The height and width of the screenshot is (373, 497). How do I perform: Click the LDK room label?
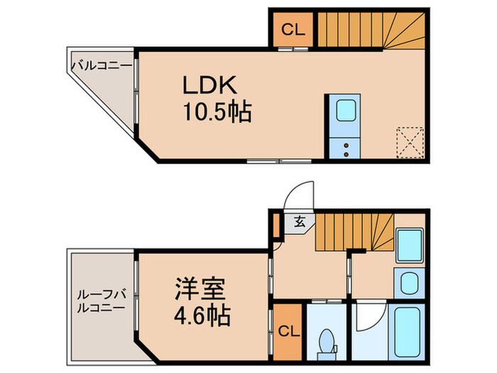pyautogui.click(x=209, y=86)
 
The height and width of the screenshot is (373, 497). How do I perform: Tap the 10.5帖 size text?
pyautogui.click(x=217, y=112)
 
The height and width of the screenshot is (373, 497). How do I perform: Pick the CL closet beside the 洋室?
pyautogui.click(x=289, y=332)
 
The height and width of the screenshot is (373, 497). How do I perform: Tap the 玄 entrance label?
pyautogui.click(x=300, y=222)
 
